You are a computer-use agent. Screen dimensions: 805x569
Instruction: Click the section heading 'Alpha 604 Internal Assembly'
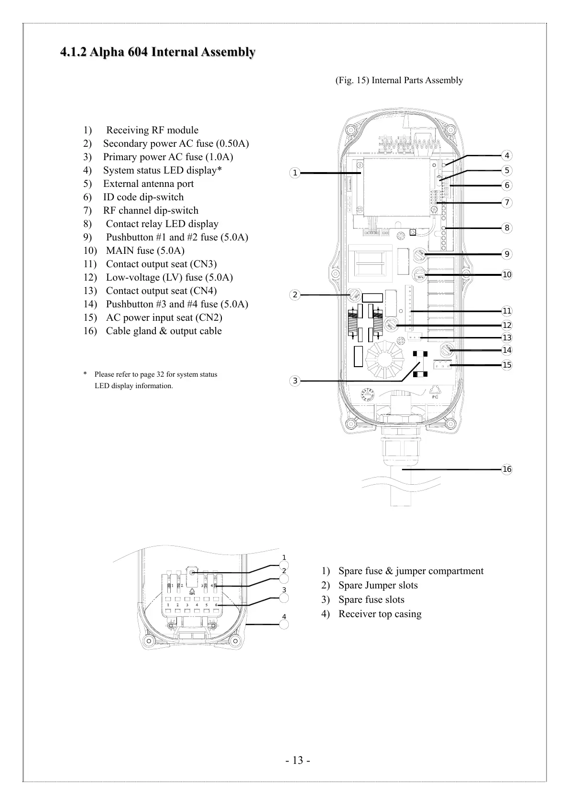(157, 52)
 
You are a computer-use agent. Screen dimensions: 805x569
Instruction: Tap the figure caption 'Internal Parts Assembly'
(399, 80)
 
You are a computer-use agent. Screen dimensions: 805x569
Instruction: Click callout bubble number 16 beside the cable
(507, 469)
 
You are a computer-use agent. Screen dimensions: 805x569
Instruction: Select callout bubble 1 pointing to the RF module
(295, 173)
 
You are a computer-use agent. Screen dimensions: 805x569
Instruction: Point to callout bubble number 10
(507, 274)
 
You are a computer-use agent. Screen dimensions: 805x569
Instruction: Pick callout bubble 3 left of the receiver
(295, 381)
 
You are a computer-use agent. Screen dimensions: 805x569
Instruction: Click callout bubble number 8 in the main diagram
(507, 228)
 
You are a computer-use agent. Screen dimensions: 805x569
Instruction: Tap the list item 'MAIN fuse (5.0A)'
(145, 250)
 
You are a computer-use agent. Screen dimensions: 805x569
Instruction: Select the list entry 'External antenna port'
(148, 184)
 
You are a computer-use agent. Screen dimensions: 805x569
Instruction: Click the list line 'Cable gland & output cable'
(164, 331)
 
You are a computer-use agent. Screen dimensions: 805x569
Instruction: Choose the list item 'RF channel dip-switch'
(151, 210)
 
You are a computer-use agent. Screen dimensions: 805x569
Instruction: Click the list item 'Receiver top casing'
(380, 614)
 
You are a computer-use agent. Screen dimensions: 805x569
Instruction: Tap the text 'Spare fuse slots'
(371, 599)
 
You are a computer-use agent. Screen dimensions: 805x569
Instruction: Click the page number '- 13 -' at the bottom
(298, 761)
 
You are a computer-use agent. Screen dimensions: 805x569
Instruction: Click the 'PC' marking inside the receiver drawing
(435, 397)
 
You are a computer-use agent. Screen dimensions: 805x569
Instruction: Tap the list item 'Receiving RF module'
(152, 130)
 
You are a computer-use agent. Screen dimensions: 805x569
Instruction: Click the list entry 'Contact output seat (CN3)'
(161, 264)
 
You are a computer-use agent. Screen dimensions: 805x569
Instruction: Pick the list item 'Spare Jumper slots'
(378, 585)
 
